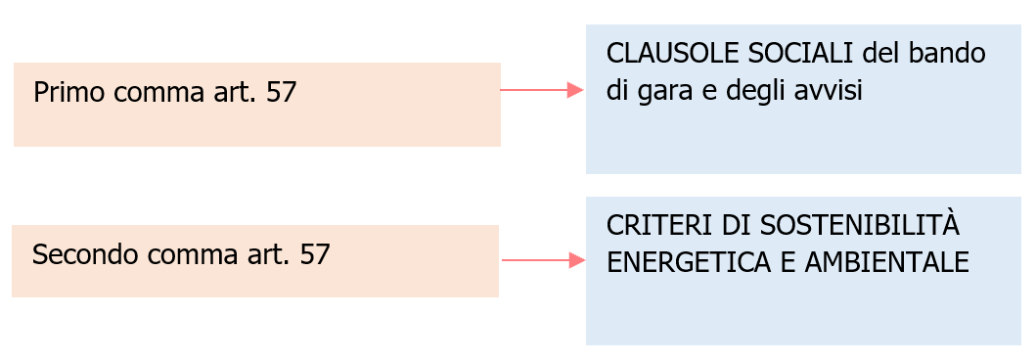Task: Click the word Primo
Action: [69, 93]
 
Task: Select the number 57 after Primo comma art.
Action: [281, 93]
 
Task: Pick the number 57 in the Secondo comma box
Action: [315, 255]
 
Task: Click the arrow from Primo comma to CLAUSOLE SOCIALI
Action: [542, 90]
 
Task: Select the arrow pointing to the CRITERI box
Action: [543, 260]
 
